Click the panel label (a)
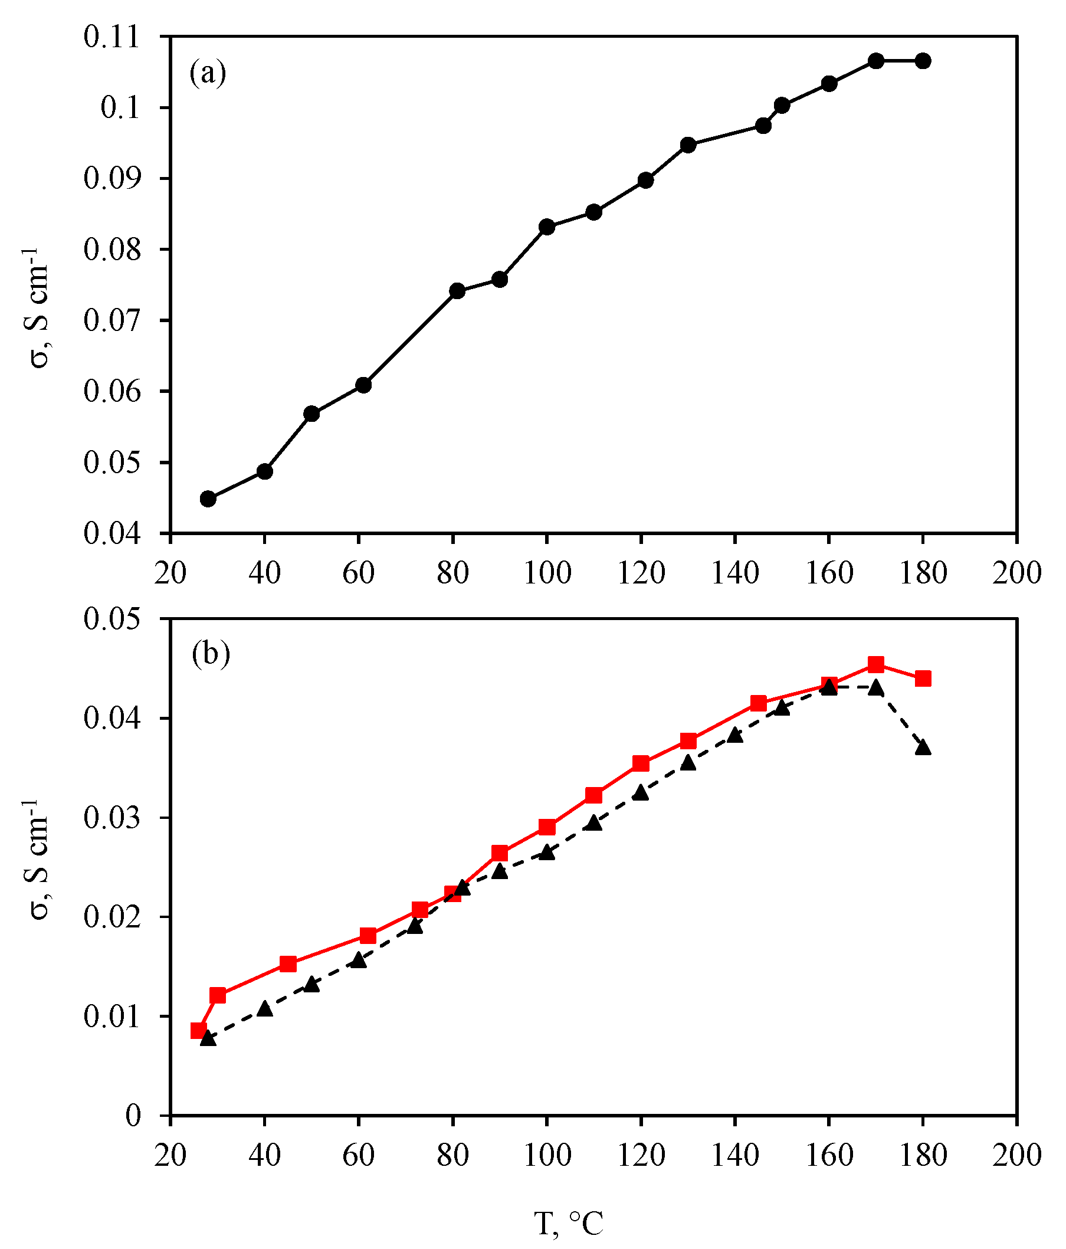tap(207, 74)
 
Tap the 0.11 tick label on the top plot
tap(111, 37)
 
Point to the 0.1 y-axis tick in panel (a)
tap(120, 108)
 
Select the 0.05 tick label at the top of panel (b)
tap(111, 619)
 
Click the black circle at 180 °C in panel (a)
tap(923, 61)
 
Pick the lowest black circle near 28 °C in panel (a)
tap(208, 499)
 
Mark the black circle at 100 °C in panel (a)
tap(546, 227)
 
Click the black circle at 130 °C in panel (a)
tap(688, 145)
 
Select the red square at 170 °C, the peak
tap(875, 664)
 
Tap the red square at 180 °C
tap(923, 678)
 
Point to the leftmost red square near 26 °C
tap(199, 1031)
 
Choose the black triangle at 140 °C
tap(734, 734)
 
